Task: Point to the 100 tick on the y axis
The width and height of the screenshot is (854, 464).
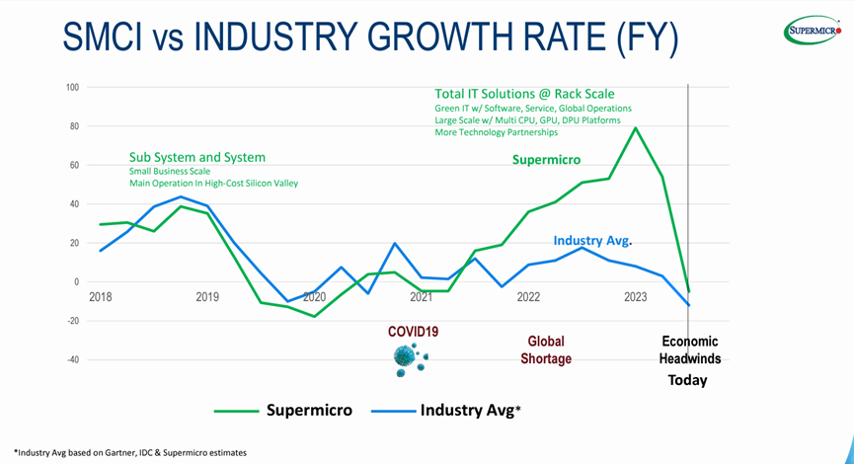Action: pos(72,87)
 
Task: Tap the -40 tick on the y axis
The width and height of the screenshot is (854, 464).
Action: pos(71,359)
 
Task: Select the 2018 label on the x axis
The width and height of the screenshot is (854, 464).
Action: pos(101,297)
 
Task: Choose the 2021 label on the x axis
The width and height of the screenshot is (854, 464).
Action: pos(421,297)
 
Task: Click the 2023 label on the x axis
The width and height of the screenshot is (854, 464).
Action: pos(635,297)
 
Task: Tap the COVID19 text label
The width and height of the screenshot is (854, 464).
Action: pos(413,332)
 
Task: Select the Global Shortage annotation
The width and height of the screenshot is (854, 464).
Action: pos(546,349)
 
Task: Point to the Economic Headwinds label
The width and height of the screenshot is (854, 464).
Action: pos(690,349)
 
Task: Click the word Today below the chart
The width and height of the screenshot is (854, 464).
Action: pos(687,380)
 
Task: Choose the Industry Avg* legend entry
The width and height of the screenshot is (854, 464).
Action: pos(468,410)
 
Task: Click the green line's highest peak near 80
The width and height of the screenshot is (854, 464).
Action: pos(635,127)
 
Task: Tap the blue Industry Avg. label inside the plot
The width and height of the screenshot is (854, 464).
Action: pos(591,241)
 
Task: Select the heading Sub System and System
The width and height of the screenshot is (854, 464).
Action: pos(197,157)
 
